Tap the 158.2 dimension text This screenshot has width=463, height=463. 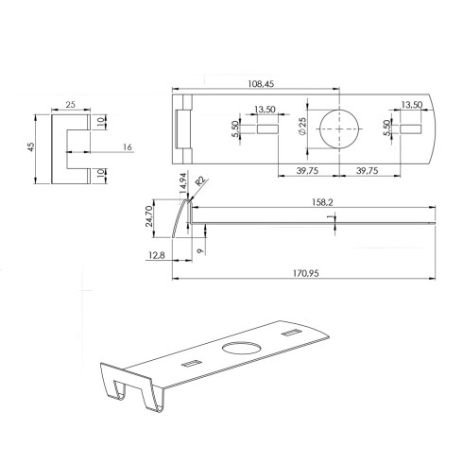[x=317, y=201]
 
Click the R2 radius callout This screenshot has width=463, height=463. [x=199, y=180]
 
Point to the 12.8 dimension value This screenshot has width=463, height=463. [x=156, y=255]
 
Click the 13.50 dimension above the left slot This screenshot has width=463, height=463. [x=266, y=109]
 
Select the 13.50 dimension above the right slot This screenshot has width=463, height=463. [x=410, y=106]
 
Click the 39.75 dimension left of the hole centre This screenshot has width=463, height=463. [x=300, y=172]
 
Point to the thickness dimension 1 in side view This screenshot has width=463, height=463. [x=329, y=218]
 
